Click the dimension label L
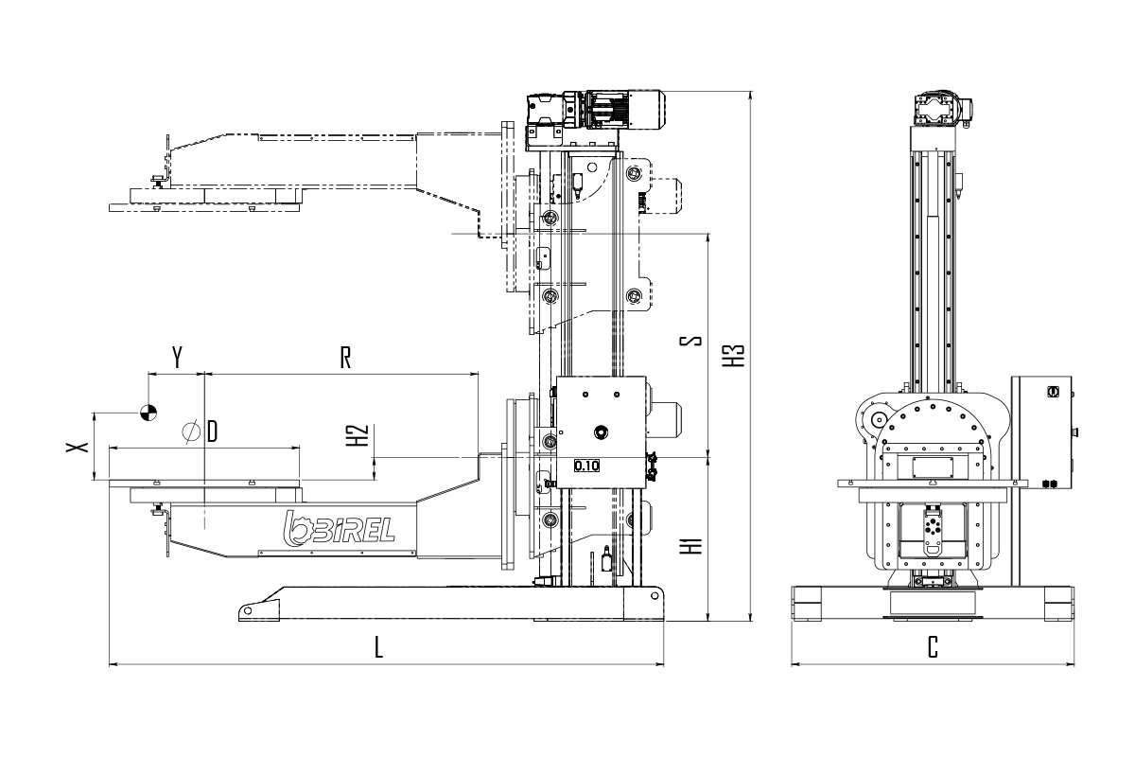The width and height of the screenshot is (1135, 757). coord(378,647)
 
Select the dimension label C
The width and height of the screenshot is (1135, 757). coord(933,647)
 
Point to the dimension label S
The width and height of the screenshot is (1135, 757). coord(690,341)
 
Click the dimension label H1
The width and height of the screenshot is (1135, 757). coord(691,546)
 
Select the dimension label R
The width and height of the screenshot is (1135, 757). coord(345,358)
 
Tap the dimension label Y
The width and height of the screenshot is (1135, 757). coord(177,358)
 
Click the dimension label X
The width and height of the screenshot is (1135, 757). coord(78,447)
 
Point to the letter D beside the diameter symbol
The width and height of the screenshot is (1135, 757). coord(212,431)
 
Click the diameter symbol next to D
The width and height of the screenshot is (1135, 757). coord(190,431)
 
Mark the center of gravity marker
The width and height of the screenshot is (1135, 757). coord(148,413)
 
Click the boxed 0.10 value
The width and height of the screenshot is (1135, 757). coord(586,466)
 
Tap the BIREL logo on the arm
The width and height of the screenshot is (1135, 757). coord(339,529)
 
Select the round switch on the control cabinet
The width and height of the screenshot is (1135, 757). coord(1053,392)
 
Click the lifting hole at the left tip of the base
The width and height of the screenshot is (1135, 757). coord(248,611)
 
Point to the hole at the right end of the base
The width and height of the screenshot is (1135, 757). coord(655,596)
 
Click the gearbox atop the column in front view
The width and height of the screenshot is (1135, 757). coord(940,110)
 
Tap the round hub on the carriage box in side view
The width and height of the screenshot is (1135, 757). coord(602,432)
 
